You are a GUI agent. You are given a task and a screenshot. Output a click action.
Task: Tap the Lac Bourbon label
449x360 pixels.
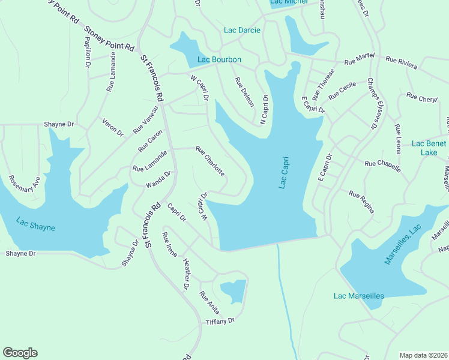tap(220, 59)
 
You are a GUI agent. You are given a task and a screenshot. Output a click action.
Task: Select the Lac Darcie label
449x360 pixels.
tap(242, 30)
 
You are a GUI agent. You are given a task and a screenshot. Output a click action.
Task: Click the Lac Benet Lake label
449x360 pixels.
tap(429, 148)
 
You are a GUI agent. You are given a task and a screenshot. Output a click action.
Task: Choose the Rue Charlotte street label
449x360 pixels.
tap(211, 161)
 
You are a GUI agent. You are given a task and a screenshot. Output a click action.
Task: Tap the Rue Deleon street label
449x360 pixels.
tap(244, 92)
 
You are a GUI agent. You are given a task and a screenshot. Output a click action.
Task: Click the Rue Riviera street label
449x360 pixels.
tap(402, 60)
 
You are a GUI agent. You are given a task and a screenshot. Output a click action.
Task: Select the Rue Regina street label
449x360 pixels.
tap(362, 202)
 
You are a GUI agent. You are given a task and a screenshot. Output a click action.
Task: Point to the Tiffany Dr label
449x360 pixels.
tap(220, 322)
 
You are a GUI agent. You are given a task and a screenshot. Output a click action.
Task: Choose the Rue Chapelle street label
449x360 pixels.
tap(382, 166)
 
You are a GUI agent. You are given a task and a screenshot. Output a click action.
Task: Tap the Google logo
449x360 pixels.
tap(20, 353)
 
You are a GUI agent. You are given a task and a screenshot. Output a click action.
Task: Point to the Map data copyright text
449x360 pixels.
tap(423, 355)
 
